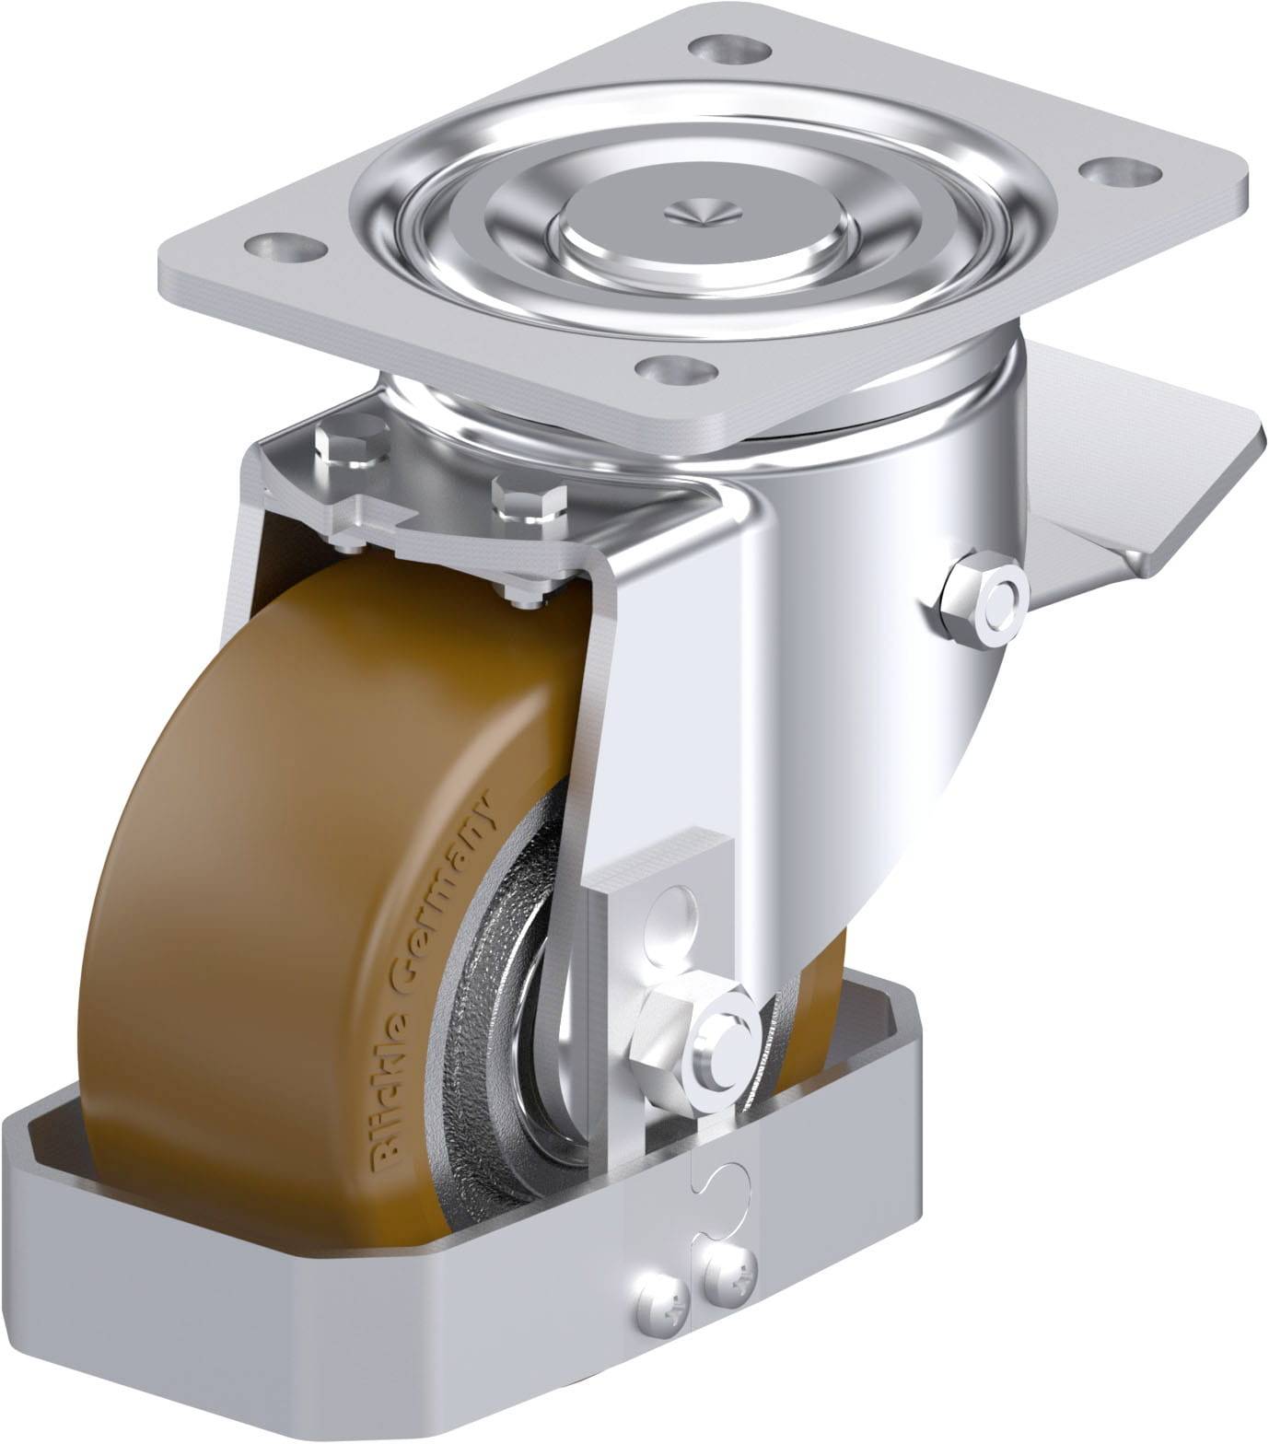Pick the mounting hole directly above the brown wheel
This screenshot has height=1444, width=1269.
tap(680, 370)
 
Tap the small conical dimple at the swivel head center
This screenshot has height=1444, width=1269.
tap(703, 212)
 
